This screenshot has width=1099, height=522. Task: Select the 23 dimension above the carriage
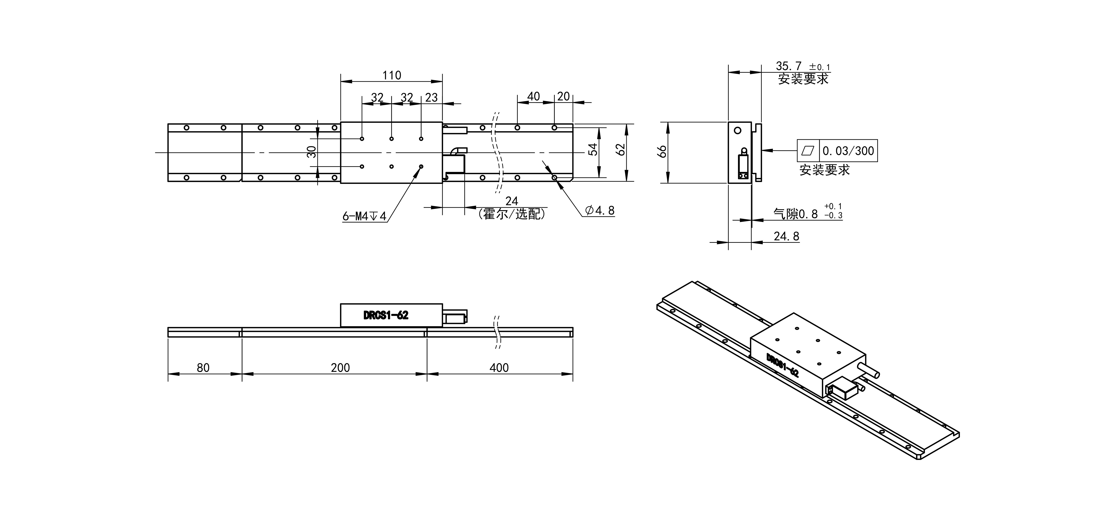(x=431, y=98)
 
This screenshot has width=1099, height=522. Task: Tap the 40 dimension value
(x=534, y=96)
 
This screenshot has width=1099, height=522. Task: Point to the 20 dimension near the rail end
(x=564, y=96)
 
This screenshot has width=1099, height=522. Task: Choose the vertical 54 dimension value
(x=593, y=149)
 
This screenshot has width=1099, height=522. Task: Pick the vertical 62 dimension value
(x=621, y=149)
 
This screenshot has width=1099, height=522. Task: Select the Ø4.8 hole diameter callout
(x=600, y=210)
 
